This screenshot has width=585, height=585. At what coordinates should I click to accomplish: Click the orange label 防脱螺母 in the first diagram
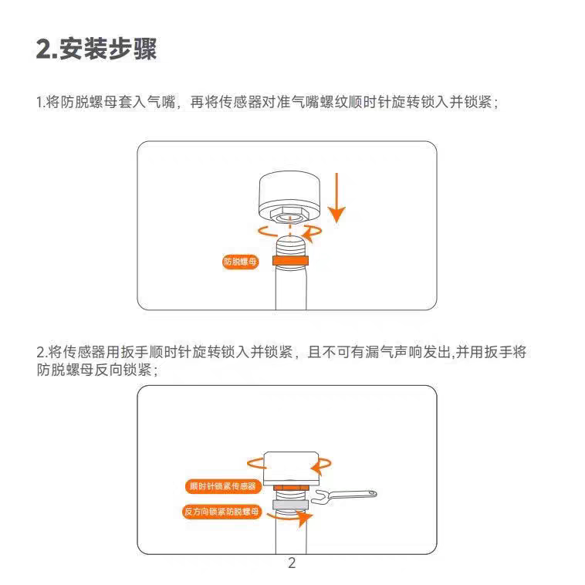tap(239, 262)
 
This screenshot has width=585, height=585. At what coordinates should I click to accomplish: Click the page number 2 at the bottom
tap(292, 563)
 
